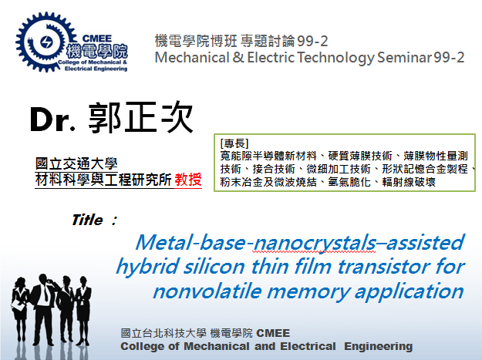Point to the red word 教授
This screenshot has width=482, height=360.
tap(189, 180)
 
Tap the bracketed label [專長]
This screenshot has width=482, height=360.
tap(234, 143)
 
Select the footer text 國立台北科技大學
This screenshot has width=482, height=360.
tap(158, 333)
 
